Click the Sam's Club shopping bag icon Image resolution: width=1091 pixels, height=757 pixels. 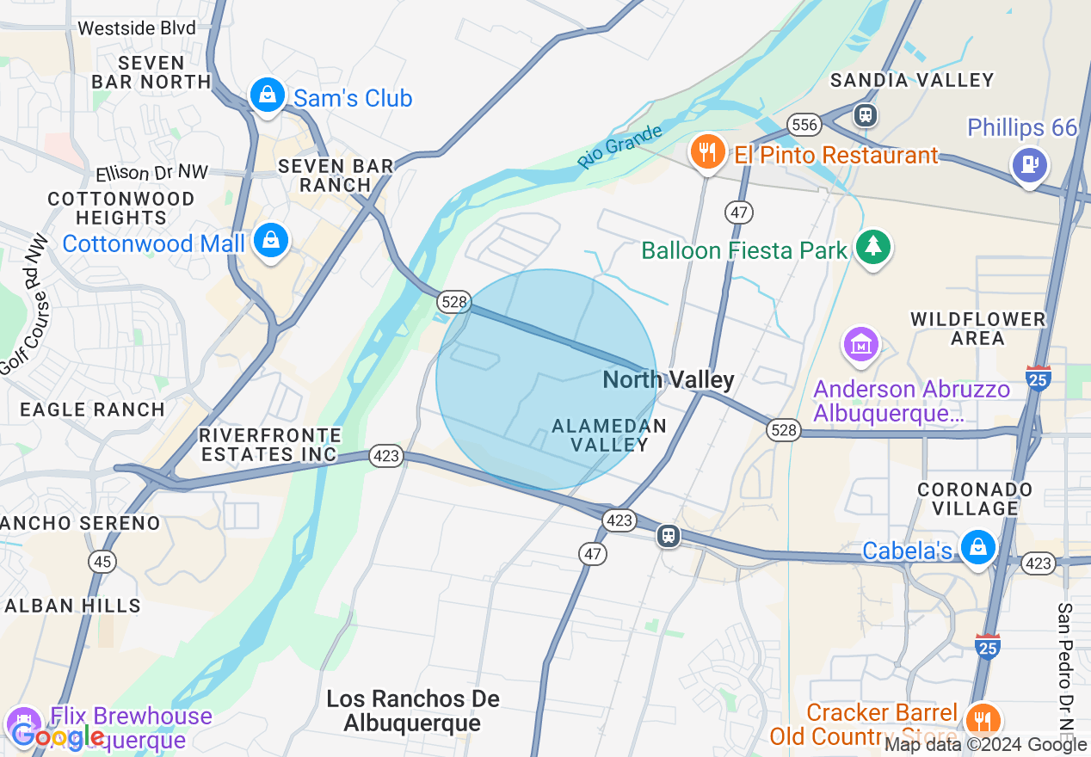pos(268,95)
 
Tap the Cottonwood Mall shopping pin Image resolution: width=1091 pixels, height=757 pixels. pos(271,240)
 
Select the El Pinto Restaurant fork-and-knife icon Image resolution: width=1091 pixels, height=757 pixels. pos(706,152)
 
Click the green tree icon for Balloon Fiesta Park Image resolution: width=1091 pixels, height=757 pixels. pos(873,247)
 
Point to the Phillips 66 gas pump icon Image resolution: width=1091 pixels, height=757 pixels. pos(1029,163)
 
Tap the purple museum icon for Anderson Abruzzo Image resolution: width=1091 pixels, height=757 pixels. pos(861,345)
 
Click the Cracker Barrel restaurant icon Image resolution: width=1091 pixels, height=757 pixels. pos(983,718)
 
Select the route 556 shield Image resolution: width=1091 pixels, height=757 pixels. pos(804,125)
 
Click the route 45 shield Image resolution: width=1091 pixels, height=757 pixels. pos(103,562)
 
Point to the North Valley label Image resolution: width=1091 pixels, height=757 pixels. pos(669,379)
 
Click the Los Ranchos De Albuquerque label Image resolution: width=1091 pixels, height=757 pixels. pos(413,711)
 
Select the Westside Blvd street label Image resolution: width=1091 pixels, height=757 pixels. pos(136,28)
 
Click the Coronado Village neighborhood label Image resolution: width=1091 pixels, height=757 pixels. pos(975,499)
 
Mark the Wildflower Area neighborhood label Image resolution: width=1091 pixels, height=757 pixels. pos(978,329)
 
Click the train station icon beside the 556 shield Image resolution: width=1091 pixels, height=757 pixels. pos(865,114)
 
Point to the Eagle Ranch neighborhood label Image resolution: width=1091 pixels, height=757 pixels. pos(92,409)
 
